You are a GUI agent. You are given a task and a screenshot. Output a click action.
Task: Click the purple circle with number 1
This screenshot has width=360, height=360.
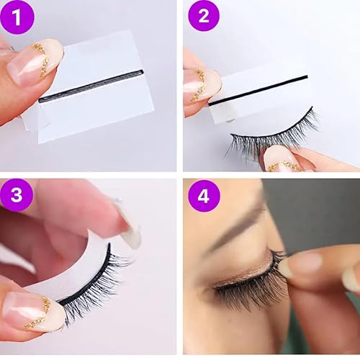[17, 17]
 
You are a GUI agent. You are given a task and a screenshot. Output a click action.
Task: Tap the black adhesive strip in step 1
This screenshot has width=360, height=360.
[90, 86]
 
